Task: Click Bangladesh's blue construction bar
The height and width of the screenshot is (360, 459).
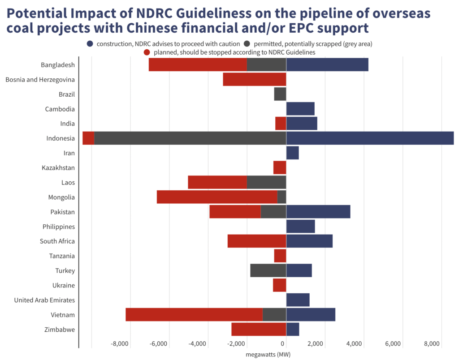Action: (327, 65)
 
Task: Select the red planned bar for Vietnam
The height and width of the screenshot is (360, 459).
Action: (194, 315)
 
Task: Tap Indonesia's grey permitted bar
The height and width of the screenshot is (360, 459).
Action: (190, 138)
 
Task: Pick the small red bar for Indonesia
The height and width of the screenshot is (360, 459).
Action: (88, 138)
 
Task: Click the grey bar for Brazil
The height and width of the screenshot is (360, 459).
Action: (280, 94)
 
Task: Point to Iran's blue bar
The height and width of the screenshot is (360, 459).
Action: (293, 153)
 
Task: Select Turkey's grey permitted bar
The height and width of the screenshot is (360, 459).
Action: (268, 271)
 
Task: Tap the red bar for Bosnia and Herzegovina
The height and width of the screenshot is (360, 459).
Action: (254, 80)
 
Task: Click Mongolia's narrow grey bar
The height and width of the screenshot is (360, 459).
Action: (281, 197)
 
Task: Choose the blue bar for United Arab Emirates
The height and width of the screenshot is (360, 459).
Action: (298, 300)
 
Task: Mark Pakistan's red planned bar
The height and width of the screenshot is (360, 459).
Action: (235, 212)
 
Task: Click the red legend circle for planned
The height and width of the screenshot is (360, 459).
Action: (147, 52)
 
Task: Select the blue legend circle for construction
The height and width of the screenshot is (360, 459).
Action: (90, 44)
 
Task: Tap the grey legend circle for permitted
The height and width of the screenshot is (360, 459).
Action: (247, 44)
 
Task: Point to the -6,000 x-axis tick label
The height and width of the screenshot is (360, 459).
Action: (159, 344)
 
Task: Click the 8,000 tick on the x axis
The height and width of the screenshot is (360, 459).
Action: (432, 344)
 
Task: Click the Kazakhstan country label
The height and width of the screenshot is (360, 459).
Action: (58, 168)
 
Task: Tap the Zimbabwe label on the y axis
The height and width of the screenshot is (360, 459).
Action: (60, 330)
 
